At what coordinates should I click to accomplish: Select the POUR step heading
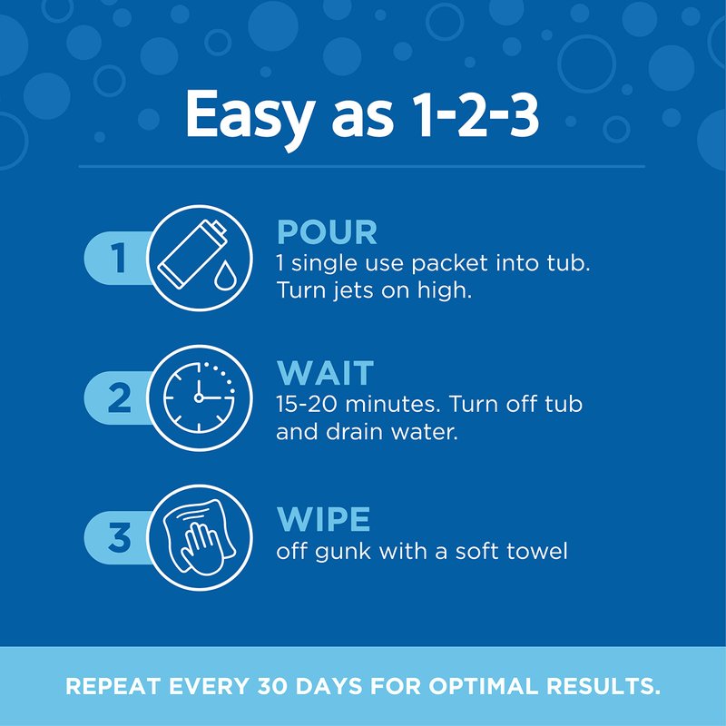(x=327, y=232)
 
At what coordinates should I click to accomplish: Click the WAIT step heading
(x=326, y=373)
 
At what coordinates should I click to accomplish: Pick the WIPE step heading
(x=324, y=519)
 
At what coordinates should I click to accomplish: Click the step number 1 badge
(x=119, y=258)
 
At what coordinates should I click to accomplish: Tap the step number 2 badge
(x=119, y=397)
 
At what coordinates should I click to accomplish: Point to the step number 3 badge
(x=119, y=537)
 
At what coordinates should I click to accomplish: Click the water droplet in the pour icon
(x=223, y=275)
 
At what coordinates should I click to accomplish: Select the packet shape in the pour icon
(x=191, y=255)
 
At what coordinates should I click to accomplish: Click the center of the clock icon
(x=199, y=397)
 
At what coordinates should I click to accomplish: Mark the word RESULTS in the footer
(x=603, y=686)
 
